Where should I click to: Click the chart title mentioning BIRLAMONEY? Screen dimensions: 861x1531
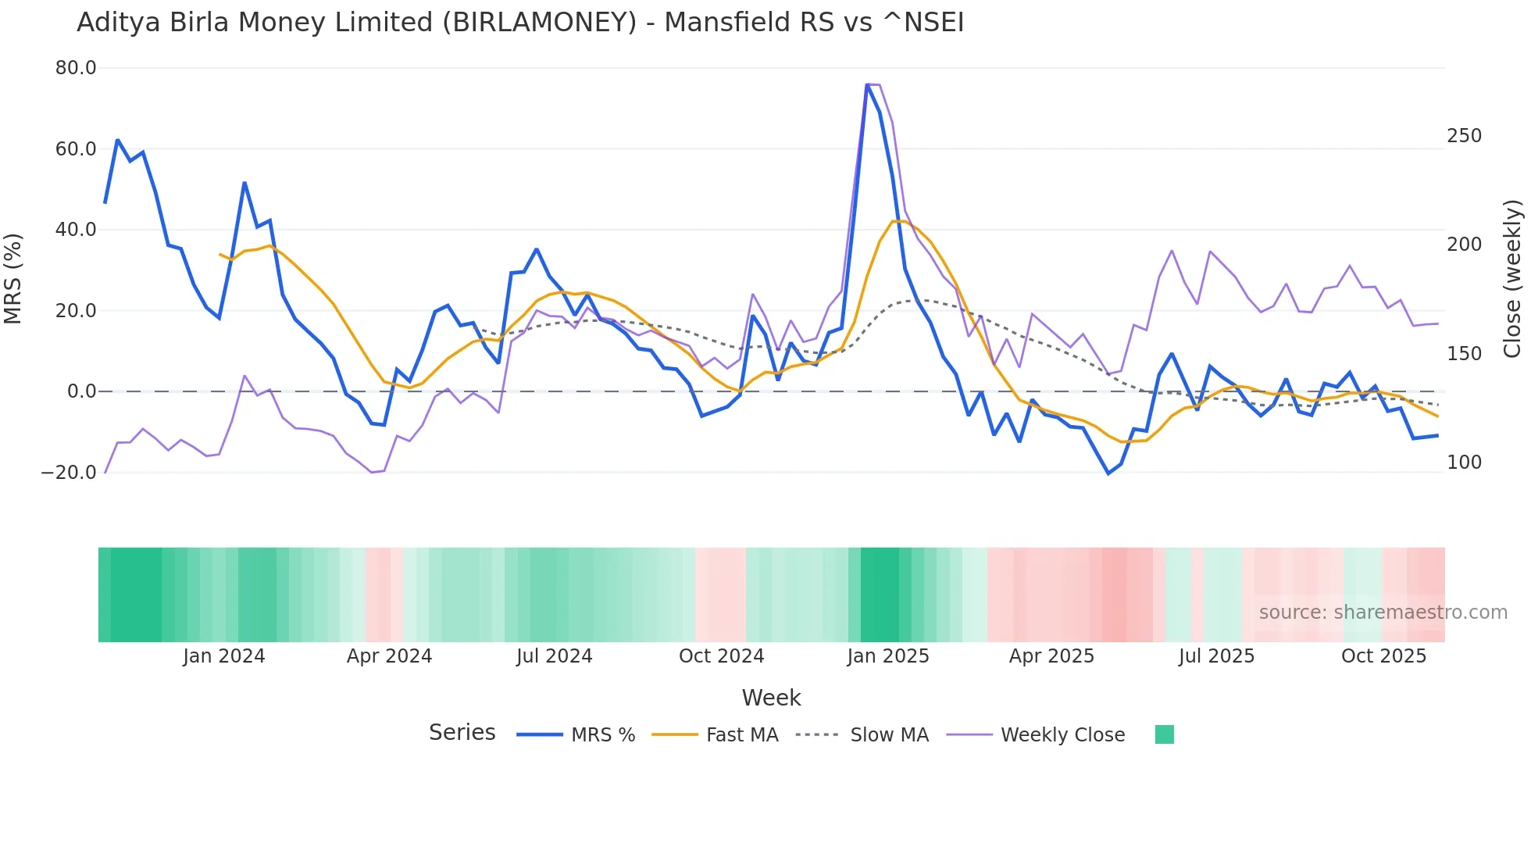(x=520, y=23)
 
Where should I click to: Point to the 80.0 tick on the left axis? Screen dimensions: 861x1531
(x=76, y=68)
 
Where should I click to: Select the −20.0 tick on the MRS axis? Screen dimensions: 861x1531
(x=69, y=473)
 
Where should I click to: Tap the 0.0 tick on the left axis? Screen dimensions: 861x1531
(x=81, y=391)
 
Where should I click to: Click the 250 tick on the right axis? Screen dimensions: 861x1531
(x=1464, y=136)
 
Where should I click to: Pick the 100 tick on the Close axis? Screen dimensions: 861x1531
(x=1464, y=463)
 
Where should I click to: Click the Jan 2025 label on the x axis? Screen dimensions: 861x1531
(x=888, y=656)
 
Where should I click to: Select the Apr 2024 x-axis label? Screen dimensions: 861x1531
(x=389, y=656)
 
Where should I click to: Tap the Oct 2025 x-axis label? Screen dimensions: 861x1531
(x=1383, y=656)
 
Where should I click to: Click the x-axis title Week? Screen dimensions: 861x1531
(x=771, y=698)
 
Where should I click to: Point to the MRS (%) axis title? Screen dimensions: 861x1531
(x=13, y=279)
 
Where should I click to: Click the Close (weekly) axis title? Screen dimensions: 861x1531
(x=1512, y=279)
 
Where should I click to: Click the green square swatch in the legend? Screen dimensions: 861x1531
(x=1164, y=734)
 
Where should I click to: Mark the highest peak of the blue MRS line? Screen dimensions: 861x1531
(x=867, y=84)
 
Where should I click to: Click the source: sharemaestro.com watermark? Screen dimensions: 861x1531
(x=1383, y=613)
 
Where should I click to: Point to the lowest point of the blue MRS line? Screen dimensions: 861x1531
(x=1108, y=473)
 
